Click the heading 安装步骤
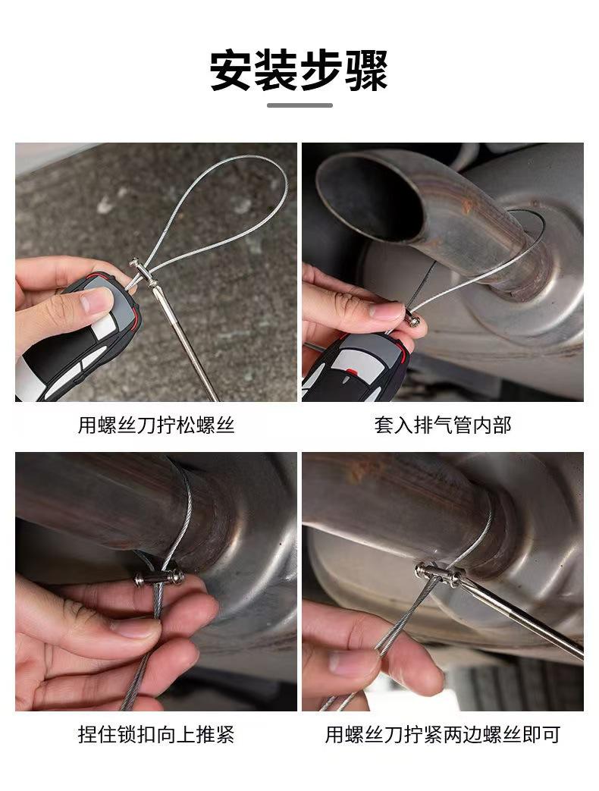click(299, 70)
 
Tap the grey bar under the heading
click(299, 105)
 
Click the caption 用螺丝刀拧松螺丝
click(155, 425)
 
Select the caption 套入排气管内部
click(443, 425)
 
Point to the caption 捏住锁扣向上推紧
click(155, 734)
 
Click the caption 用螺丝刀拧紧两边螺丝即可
click(443, 734)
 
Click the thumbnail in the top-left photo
click(97, 300)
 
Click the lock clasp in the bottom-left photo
click(159, 578)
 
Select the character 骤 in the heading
click(366, 70)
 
